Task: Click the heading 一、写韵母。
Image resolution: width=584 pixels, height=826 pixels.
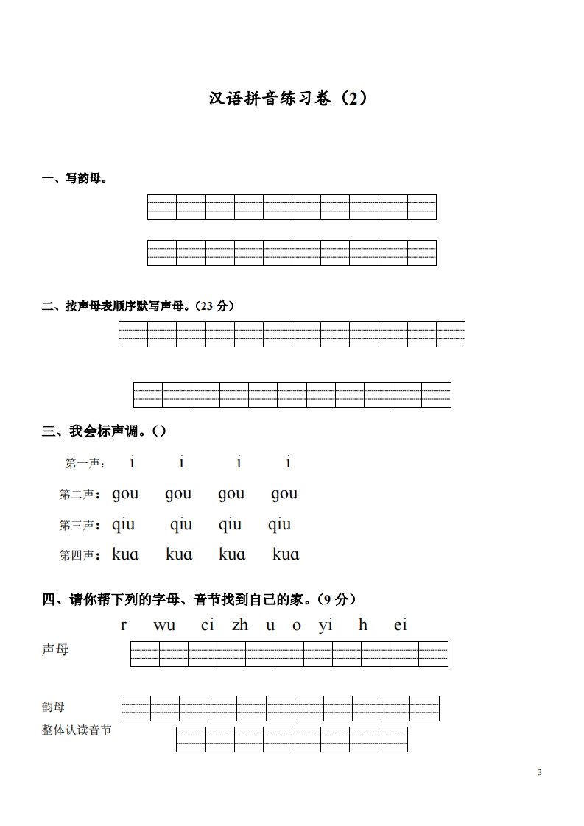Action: [74, 179]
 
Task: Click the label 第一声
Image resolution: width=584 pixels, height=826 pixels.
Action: [85, 464]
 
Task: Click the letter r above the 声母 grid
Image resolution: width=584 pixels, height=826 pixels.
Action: [124, 626]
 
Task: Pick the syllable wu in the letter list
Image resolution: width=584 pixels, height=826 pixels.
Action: [164, 626]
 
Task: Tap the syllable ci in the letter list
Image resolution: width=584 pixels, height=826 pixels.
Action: [207, 626]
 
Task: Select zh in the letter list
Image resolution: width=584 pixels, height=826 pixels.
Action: [239, 626]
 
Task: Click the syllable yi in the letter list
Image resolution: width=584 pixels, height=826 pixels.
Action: [326, 626]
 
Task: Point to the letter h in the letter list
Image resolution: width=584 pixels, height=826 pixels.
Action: [363, 626]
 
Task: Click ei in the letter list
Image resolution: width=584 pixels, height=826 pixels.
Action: [400, 626]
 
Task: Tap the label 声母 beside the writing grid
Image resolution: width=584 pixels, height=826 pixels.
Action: [55, 650]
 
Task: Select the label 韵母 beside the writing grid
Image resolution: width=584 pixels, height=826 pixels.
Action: [53, 707]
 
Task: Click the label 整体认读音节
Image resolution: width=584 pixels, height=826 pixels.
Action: [77, 731]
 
